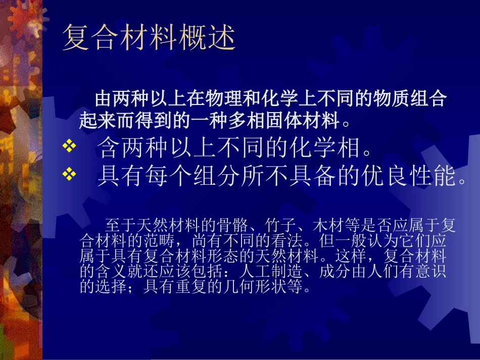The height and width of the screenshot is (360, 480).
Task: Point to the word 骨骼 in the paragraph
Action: click(x=230, y=225)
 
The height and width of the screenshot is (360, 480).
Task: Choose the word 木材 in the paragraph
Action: click(x=327, y=225)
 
